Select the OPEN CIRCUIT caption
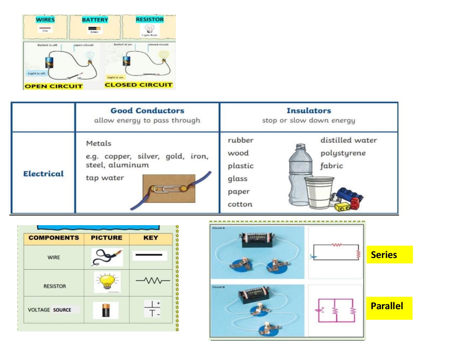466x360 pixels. point(54,86)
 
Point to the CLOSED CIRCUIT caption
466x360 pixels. point(138,85)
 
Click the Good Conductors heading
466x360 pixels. point(147,111)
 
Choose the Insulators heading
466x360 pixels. point(309,111)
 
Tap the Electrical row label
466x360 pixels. point(43,174)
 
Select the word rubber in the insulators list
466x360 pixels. point(241,140)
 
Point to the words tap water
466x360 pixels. point(105,178)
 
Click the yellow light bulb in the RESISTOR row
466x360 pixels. point(107,282)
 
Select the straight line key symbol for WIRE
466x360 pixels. point(149,254)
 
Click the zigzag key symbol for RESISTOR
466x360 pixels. point(153,281)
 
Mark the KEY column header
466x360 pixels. point(151,238)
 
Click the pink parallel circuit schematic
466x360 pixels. point(336,311)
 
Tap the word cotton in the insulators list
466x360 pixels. point(240,204)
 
